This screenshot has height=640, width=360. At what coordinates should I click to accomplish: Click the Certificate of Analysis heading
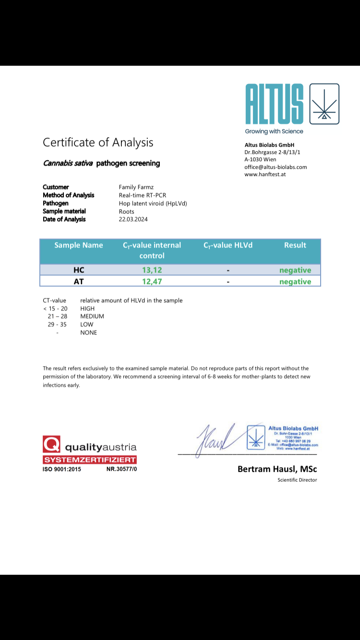(98, 142)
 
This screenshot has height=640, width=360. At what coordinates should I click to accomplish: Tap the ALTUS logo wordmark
(274, 104)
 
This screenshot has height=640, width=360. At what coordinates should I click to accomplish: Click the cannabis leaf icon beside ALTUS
(324, 104)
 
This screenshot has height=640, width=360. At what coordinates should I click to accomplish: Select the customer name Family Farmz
(136, 187)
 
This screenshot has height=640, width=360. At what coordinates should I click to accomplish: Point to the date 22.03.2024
(133, 219)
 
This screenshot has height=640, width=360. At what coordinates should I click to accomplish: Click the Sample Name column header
(79, 245)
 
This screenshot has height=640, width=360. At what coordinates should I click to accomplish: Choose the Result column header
(295, 245)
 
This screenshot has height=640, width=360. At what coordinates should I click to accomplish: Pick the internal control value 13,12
(152, 270)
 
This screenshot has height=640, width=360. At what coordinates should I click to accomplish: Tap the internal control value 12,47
(152, 282)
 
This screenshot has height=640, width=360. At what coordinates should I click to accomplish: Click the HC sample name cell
(79, 270)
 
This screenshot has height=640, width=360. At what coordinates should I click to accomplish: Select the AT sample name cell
(79, 282)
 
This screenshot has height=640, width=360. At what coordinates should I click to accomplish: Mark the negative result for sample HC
(295, 270)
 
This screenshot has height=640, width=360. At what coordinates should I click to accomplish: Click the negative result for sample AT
(295, 282)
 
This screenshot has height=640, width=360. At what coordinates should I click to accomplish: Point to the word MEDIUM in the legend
(92, 317)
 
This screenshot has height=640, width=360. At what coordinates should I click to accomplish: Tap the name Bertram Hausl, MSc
(277, 469)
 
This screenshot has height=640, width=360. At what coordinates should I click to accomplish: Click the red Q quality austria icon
(51, 444)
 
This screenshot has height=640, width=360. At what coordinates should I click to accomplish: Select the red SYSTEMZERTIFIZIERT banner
(90, 460)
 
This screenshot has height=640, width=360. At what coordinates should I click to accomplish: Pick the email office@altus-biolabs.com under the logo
(276, 167)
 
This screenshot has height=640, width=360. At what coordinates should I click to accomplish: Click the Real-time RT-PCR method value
(143, 195)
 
